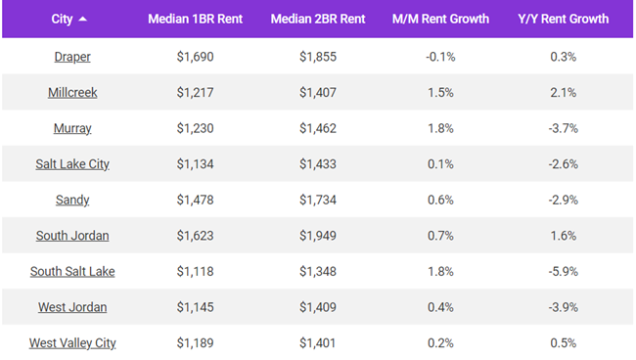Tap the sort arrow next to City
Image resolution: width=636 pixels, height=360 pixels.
[81, 19]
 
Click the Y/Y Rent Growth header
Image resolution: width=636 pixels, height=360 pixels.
[563, 19]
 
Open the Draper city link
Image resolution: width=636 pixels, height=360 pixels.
[72, 57]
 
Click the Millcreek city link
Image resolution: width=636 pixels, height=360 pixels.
[72, 92]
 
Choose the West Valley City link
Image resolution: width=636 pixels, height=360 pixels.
[72, 342]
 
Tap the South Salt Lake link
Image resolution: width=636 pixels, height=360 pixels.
[72, 271]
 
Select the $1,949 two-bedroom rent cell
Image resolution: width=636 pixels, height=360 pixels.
[317, 236]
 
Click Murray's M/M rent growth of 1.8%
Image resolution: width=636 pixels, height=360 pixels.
[440, 128]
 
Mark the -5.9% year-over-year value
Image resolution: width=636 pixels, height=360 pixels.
[563, 271]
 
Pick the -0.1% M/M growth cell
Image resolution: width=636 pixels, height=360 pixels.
[440, 57]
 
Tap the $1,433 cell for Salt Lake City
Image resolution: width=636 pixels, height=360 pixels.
[317, 163]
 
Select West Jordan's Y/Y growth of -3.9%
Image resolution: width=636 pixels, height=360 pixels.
[563, 307]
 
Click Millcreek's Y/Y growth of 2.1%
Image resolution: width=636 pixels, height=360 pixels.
[563, 92]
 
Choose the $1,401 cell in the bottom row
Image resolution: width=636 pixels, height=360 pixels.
[317, 342]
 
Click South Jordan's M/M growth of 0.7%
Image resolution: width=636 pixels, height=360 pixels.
[440, 236]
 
